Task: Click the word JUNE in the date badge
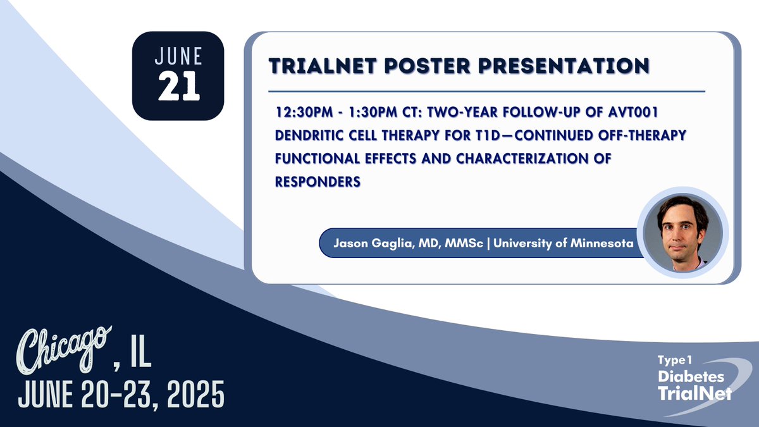pyautogui.click(x=178, y=57)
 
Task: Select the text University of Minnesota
pyautogui.click(x=563, y=243)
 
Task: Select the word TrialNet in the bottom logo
pyautogui.click(x=694, y=393)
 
